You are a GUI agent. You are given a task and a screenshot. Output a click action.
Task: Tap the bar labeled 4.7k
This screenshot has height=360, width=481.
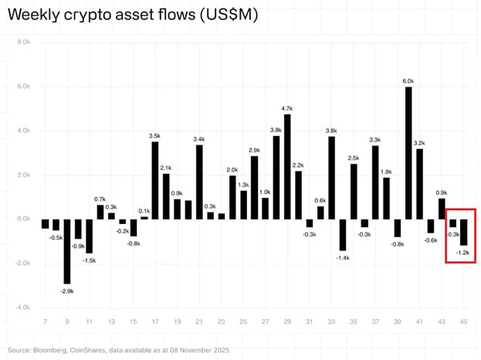(x=287, y=166)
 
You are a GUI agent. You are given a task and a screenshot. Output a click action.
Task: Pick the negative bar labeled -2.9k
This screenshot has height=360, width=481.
(x=67, y=251)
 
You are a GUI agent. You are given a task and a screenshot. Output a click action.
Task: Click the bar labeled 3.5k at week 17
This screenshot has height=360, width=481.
(x=155, y=180)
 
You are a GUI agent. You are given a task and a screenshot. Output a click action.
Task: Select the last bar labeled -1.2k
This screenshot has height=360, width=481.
(x=464, y=233)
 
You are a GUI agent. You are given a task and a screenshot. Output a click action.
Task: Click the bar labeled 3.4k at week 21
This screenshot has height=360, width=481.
(x=199, y=182)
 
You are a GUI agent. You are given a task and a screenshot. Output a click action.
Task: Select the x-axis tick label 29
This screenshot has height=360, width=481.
(x=287, y=321)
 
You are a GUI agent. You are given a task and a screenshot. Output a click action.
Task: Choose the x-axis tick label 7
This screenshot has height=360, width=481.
(x=45, y=321)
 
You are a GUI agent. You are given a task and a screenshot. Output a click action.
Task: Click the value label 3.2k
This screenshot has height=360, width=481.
(x=420, y=143)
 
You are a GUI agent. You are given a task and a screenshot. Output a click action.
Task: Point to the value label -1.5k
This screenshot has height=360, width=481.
(x=90, y=260)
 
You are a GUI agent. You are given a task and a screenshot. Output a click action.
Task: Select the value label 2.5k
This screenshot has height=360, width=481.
(x=354, y=158)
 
